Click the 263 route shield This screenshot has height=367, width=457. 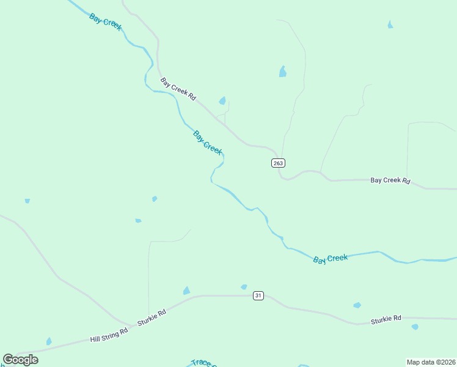point(278,163)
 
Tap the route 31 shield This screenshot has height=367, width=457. point(258,295)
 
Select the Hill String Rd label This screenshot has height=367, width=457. point(109,335)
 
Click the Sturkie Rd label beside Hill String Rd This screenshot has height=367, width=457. point(152,317)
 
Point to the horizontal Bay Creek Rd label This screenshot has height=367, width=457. point(390,181)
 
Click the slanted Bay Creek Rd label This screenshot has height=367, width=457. point(178,89)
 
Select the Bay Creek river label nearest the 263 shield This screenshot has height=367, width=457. point(208,143)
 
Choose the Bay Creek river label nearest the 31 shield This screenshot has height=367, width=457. point(330,259)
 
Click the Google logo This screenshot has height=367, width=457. point(20,359)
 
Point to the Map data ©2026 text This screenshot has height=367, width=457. point(430,362)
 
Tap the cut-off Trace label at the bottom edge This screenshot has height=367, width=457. point(202,363)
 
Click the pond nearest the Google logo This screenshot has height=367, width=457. point(49,341)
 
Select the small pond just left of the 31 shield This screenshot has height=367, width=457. point(244,287)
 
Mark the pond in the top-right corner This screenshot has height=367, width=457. point(390,25)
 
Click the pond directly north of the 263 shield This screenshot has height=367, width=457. point(282,72)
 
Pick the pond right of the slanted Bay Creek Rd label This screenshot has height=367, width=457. point(222,101)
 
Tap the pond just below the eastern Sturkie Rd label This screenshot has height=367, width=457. point(415,327)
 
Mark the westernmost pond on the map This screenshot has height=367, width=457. point(27,201)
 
